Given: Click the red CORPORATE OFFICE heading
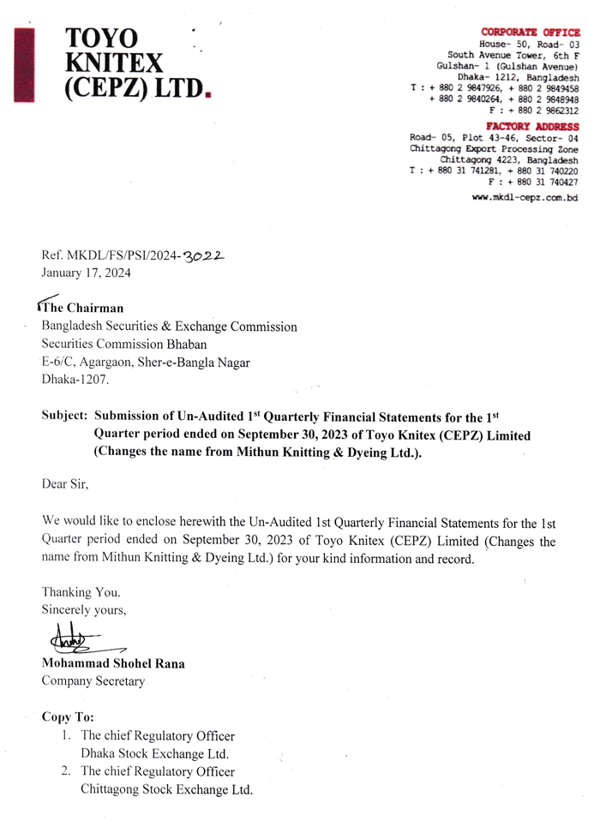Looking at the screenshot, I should point(530,32).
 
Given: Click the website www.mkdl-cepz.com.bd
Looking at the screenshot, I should point(525,197).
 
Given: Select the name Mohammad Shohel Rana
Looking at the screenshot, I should point(113,663).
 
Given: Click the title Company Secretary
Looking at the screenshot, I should point(93,681).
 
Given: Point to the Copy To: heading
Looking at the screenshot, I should point(68,716).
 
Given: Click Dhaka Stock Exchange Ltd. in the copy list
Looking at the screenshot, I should point(154,754).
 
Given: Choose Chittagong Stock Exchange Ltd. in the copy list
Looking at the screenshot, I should point(166,790).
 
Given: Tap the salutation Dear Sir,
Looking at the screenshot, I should point(65,483).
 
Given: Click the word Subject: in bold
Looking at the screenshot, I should point(64,417).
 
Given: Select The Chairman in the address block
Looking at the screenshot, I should point(82,309).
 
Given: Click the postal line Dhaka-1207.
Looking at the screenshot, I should point(75,380).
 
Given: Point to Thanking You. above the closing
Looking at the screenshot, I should point(81,592).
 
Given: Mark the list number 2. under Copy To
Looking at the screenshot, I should point(65,771).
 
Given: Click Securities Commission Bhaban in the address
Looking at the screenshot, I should point(124,345).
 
